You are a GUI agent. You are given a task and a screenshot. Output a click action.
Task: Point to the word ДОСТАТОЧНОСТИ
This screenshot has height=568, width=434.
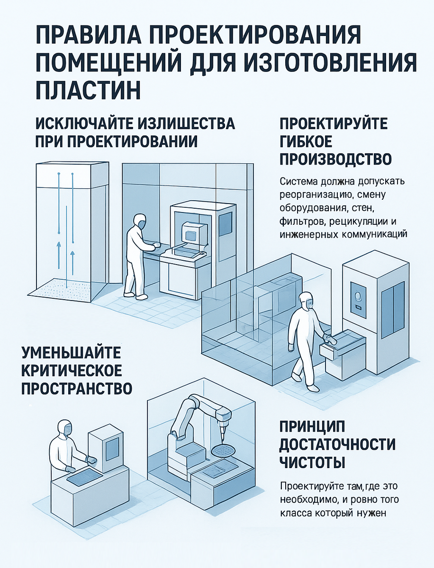pos(337,444)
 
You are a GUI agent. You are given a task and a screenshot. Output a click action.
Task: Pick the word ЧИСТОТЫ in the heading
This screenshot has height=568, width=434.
pos(312,462)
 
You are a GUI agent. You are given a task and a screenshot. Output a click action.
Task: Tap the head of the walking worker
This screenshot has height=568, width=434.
pos(307,299)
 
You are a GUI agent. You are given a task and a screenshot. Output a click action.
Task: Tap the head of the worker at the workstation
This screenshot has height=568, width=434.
pos(139,221)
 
